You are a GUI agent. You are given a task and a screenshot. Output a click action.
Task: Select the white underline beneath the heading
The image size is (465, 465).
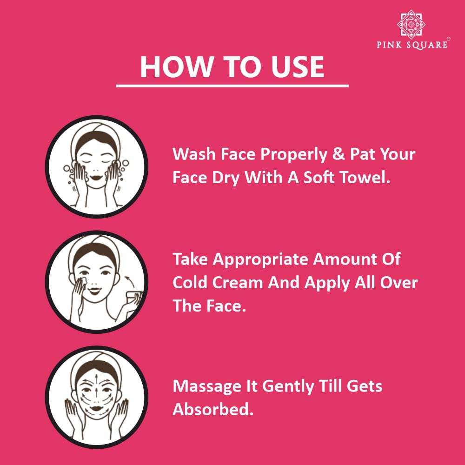tap(232, 86)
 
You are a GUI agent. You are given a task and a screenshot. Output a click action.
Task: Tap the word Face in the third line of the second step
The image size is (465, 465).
tap(222, 306)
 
